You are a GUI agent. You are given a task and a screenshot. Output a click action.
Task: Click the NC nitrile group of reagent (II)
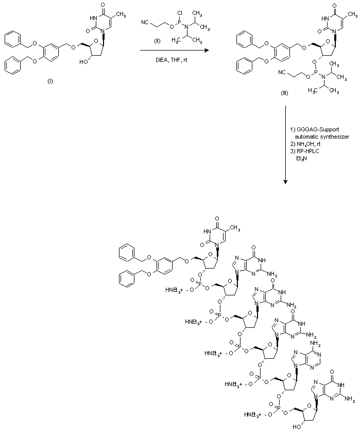click(x=146, y=23)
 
